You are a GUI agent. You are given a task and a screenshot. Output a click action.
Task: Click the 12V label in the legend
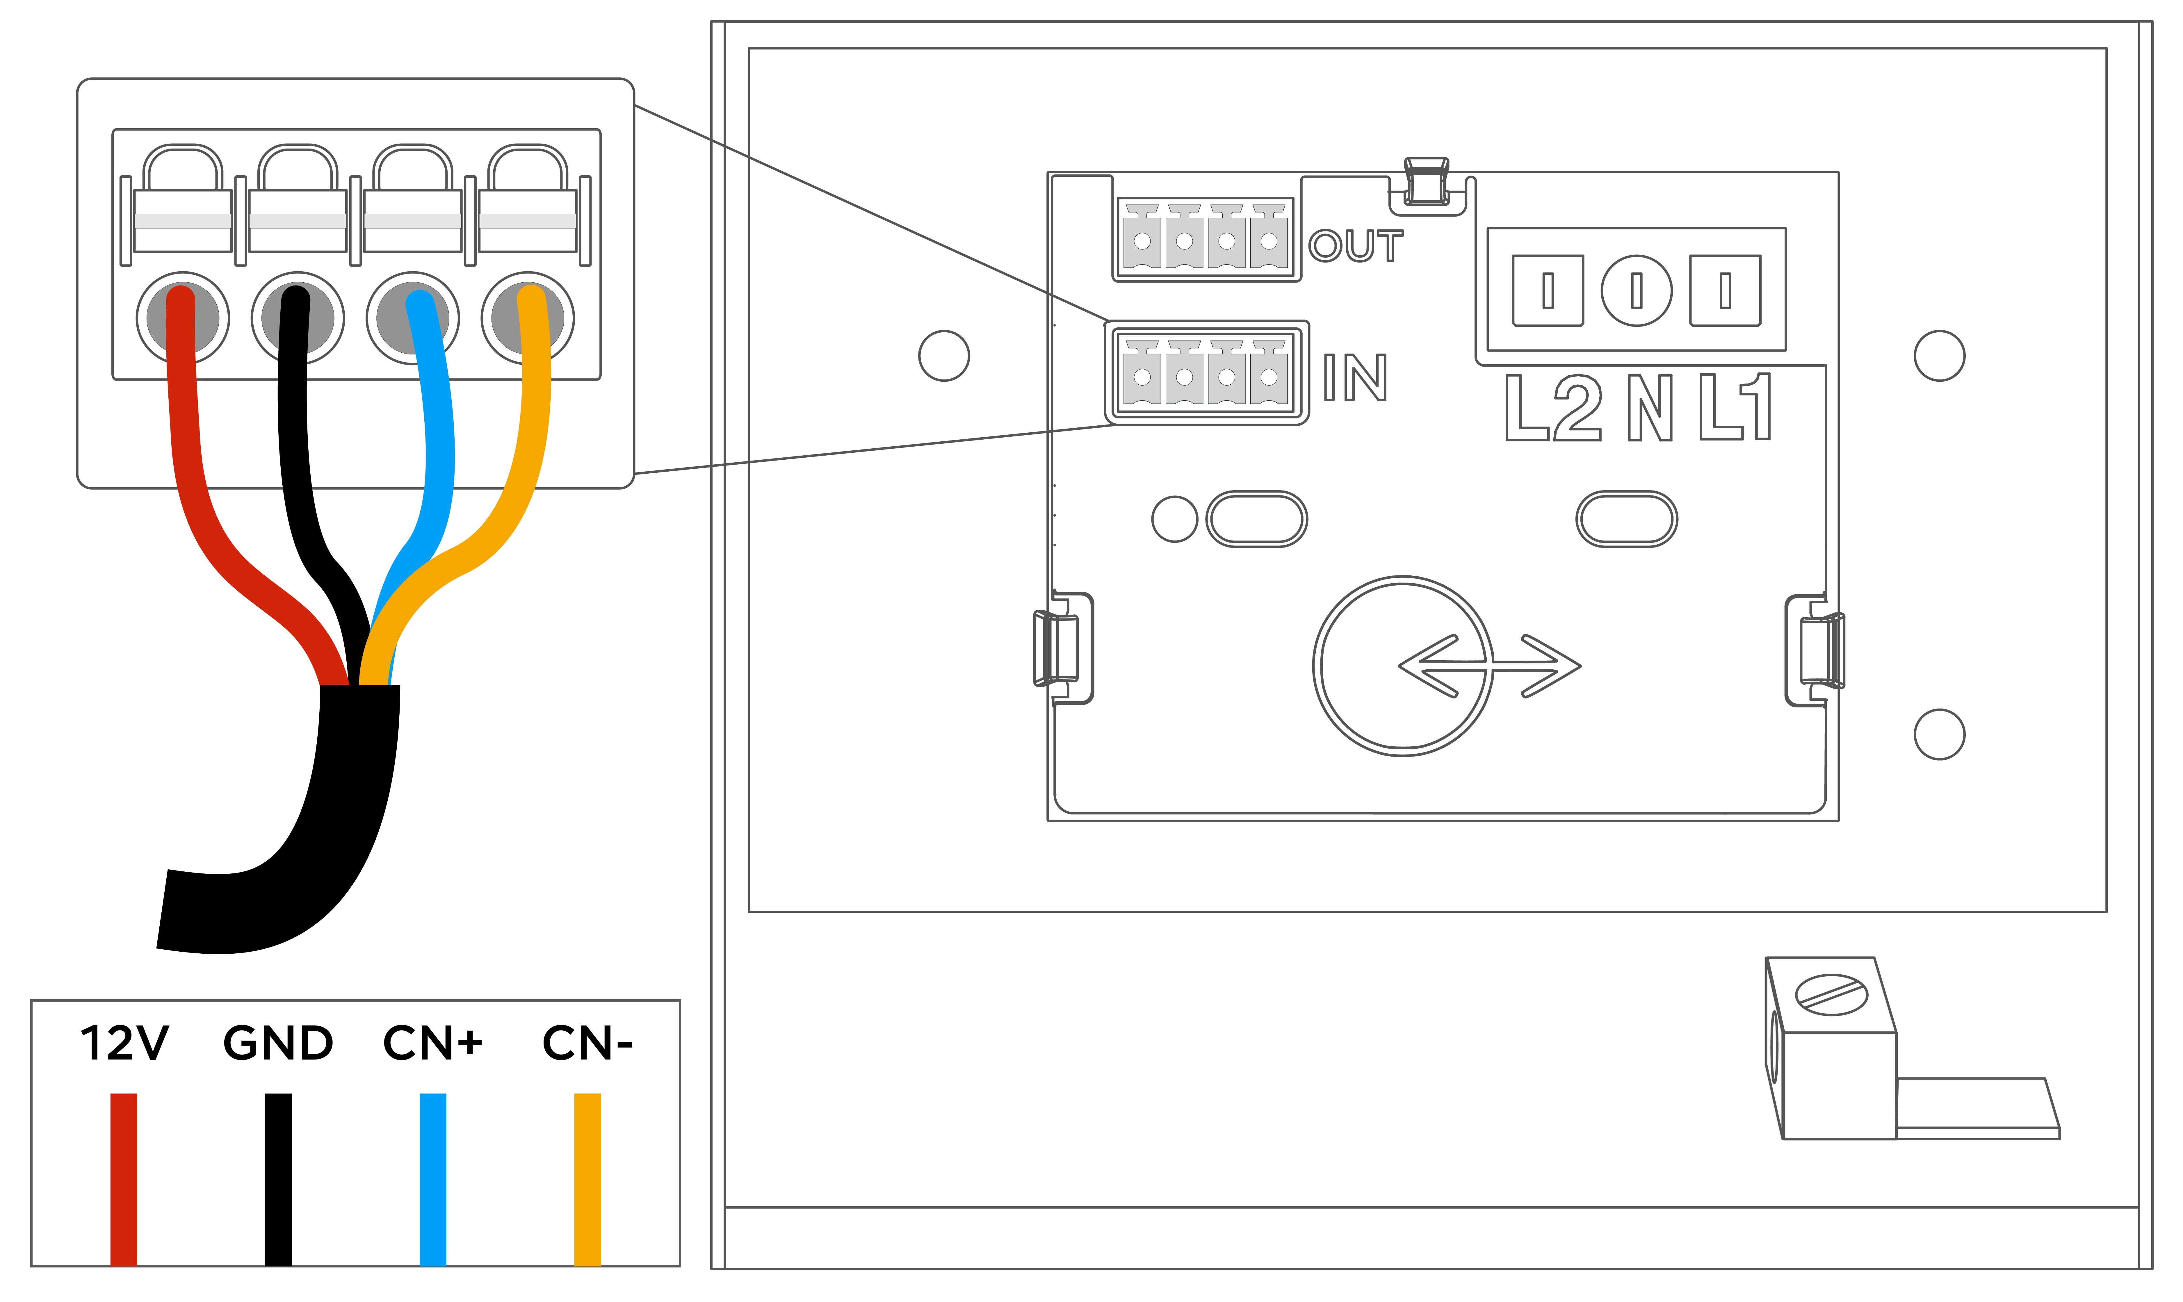[124, 1043]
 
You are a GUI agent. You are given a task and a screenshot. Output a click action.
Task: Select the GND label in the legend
[278, 1043]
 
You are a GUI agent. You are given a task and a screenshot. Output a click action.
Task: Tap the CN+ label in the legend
[432, 1043]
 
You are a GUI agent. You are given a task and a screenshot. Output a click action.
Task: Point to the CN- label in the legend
[587, 1043]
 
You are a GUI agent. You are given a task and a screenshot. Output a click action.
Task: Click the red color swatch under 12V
[124, 1179]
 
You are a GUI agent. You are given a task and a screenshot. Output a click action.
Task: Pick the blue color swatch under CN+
[432, 1179]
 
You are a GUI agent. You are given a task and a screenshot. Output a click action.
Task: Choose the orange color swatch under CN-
[587, 1179]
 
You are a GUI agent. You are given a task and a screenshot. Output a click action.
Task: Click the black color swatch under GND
[278, 1179]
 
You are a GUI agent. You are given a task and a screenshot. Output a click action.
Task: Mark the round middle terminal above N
[1636, 290]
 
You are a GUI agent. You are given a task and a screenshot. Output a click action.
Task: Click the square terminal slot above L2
[1548, 290]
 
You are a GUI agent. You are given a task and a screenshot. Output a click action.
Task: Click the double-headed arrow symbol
[1490, 666]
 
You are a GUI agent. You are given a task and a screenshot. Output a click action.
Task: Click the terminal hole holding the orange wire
[527, 318]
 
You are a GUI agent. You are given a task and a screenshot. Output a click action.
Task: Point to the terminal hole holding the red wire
[183, 318]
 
